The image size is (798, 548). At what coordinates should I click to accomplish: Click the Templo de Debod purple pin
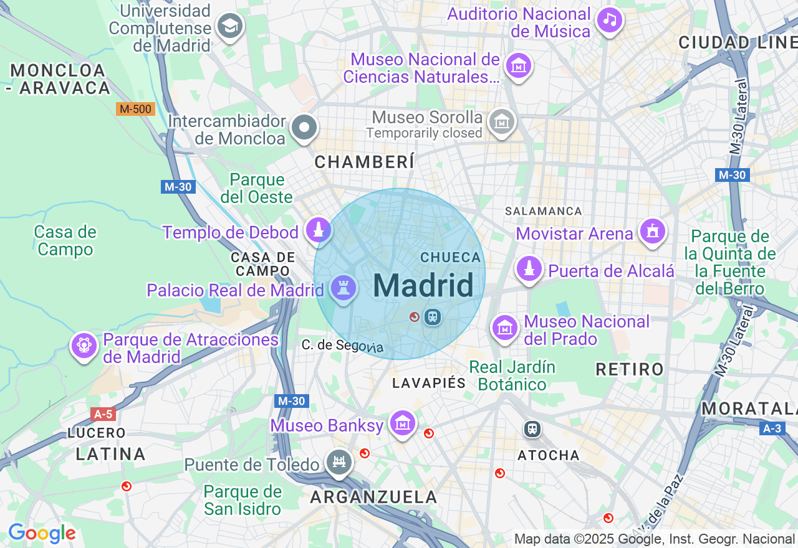tap(319, 230)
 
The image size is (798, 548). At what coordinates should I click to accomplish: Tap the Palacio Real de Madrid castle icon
tap(343, 288)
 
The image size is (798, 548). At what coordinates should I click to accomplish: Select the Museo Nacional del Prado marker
tap(504, 327)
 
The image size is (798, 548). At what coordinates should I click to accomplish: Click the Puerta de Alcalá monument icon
tap(529, 268)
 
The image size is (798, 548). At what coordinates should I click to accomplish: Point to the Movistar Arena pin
tap(653, 232)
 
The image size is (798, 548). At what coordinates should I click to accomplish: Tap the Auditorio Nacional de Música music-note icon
tap(610, 20)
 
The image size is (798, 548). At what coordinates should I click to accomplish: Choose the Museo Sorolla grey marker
tap(501, 121)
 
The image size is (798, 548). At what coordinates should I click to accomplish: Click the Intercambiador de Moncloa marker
tap(304, 128)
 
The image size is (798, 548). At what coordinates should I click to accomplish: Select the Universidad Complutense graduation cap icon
tap(230, 26)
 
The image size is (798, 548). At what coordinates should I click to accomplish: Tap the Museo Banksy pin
tap(403, 423)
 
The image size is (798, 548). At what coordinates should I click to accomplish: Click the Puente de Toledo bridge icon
tap(339, 463)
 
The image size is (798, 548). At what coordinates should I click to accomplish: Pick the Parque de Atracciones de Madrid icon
tap(84, 345)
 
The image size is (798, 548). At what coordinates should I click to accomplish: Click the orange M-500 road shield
tap(135, 109)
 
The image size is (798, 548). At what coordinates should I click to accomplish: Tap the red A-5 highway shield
tap(103, 414)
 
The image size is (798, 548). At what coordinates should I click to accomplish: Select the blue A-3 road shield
tap(772, 428)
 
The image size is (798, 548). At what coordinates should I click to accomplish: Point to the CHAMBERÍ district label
tap(364, 163)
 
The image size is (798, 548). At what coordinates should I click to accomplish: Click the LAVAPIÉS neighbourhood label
tap(429, 383)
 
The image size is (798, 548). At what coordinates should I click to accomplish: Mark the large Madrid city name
tap(423, 286)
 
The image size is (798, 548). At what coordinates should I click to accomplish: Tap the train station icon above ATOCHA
tap(532, 428)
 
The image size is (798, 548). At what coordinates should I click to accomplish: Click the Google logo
tap(42, 533)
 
